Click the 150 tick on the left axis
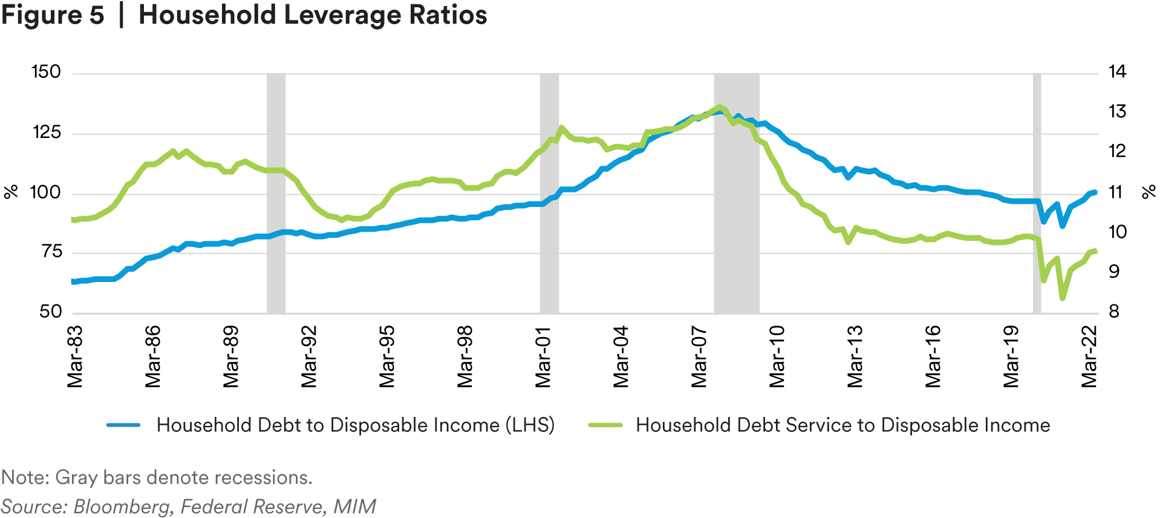coord(46,73)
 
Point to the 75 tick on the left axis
coord(51,252)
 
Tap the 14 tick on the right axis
coord(1117,73)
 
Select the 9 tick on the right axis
coord(1113,272)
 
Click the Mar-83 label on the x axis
coord(75,356)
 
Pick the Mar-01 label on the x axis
coord(543,356)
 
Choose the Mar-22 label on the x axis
coord(1089,356)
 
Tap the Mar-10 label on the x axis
coord(777,356)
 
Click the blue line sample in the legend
coord(123,425)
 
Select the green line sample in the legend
coord(605,425)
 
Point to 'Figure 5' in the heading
coord(53,15)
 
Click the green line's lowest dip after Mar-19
coord(1062,298)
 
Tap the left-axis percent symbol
coord(11,192)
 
